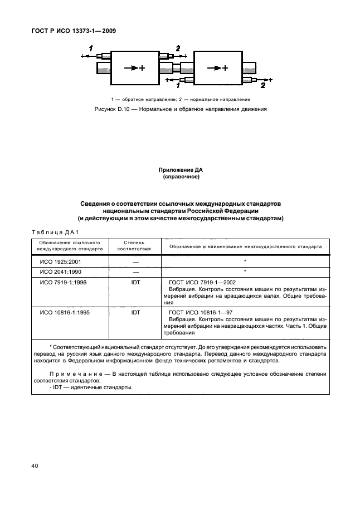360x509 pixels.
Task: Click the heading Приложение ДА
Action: point(181,170)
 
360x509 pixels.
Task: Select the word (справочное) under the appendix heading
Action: point(181,177)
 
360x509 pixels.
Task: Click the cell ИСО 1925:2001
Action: point(60,261)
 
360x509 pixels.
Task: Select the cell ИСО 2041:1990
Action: point(60,272)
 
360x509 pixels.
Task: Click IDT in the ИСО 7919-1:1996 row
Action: point(135,282)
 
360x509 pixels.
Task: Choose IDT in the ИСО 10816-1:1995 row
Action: point(135,313)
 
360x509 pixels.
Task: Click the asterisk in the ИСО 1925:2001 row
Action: point(245,261)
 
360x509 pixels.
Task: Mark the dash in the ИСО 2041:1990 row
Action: point(135,272)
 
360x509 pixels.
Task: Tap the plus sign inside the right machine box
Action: point(225,68)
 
